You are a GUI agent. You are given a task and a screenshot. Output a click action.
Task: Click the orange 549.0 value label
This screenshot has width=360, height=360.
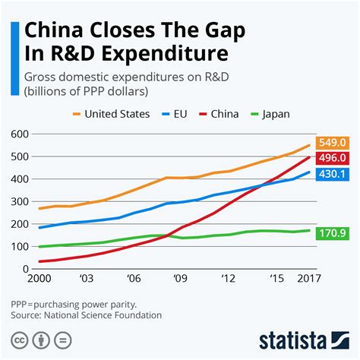tap(335, 141)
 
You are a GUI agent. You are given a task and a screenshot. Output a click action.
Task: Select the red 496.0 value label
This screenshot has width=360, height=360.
tap(335, 157)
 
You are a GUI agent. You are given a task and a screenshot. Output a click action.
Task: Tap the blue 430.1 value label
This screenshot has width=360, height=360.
tap(335, 174)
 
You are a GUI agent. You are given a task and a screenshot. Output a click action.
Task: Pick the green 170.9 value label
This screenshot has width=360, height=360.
tap(335, 231)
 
